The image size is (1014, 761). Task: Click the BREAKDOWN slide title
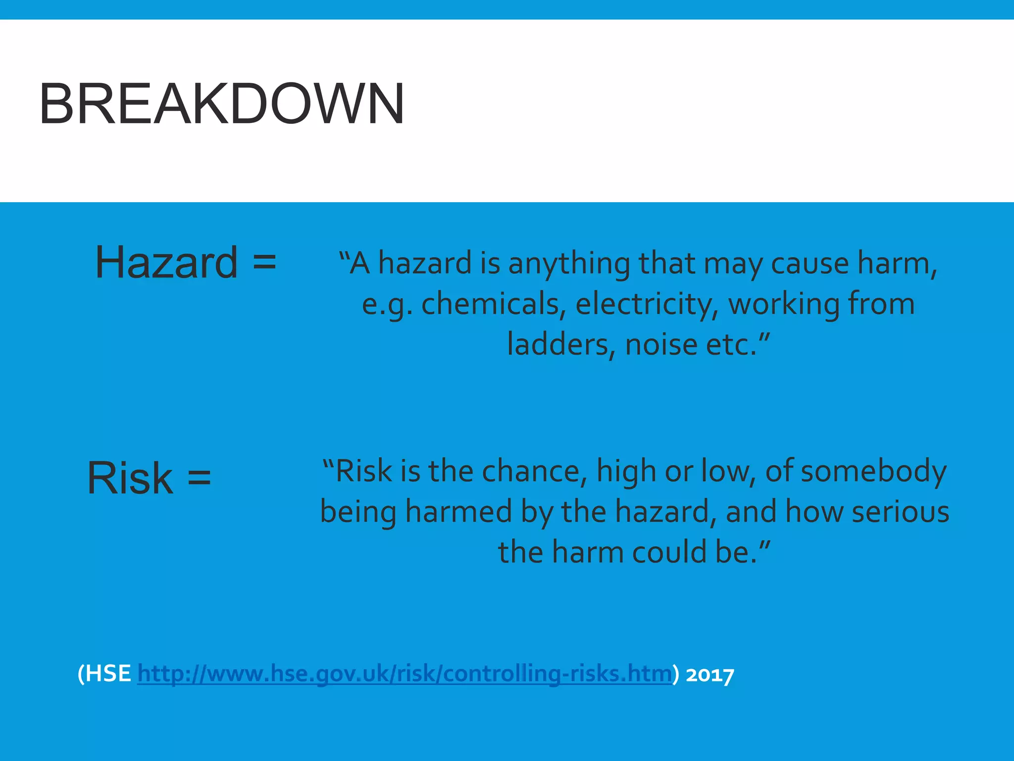click(222, 104)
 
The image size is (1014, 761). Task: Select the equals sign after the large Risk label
click(199, 478)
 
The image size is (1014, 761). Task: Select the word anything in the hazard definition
click(569, 263)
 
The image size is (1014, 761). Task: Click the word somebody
click(873, 471)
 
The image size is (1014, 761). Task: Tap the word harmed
click(458, 511)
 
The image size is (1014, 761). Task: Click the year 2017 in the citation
click(710, 675)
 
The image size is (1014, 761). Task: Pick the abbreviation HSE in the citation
click(108, 674)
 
